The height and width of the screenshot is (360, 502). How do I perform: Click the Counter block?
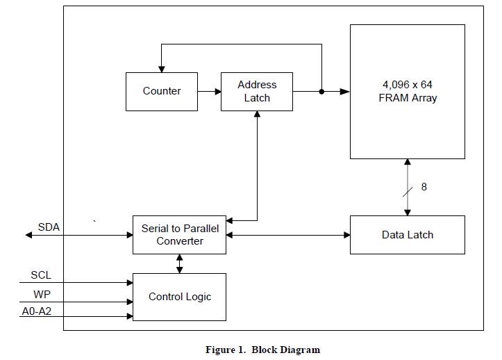tap(162, 92)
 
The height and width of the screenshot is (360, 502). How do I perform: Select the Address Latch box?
tap(257, 92)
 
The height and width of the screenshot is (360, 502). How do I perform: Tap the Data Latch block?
tap(408, 235)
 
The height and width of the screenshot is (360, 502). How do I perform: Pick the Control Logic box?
tap(179, 297)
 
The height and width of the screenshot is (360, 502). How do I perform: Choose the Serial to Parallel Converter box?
tap(179, 235)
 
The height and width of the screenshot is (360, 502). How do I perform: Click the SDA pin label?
tap(49, 227)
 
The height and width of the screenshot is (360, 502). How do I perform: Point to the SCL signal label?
tap(41, 275)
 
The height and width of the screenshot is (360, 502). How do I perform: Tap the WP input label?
tap(42, 294)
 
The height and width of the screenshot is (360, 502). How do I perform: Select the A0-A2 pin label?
tap(37, 311)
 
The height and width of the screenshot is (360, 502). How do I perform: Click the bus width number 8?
tap(424, 187)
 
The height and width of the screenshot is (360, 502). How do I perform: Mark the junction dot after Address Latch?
tap(321, 92)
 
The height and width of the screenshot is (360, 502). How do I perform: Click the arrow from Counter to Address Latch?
tap(210, 92)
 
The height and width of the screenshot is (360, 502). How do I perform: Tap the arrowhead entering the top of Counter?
tap(162, 69)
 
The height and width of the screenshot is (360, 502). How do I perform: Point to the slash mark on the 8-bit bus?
tap(408, 192)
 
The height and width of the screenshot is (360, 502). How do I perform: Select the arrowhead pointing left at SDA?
tap(28, 236)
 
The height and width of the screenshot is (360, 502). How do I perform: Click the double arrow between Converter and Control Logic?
tap(180, 264)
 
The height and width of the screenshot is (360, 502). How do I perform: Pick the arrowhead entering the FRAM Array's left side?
tap(345, 92)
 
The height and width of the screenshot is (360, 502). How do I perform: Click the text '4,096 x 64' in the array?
tap(408, 85)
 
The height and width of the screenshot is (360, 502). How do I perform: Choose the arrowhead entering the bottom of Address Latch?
tap(257, 115)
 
